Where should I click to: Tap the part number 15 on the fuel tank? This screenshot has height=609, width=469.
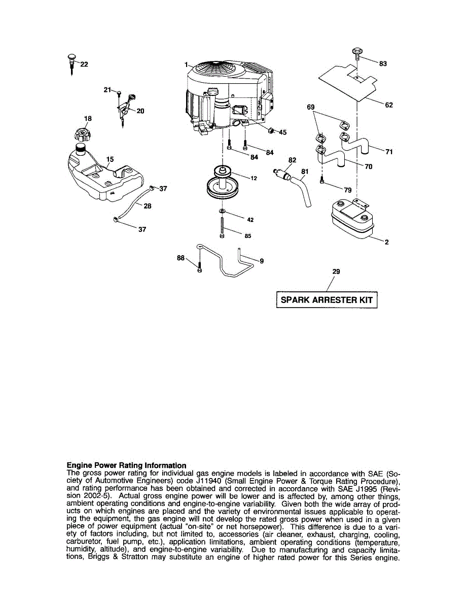(110, 159)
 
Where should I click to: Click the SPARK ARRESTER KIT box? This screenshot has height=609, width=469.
(327, 299)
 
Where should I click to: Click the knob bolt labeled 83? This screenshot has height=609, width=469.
(357, 52)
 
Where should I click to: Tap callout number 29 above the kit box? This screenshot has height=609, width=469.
(336, 272)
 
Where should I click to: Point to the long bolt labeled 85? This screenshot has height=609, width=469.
(223, 227)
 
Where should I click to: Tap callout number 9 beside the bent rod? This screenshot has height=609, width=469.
(262, 261)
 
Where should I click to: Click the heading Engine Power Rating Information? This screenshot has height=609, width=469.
(126, 465)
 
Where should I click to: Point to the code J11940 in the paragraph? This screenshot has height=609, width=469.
(210, 481)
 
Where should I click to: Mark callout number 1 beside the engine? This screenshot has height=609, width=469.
(186, 65)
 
